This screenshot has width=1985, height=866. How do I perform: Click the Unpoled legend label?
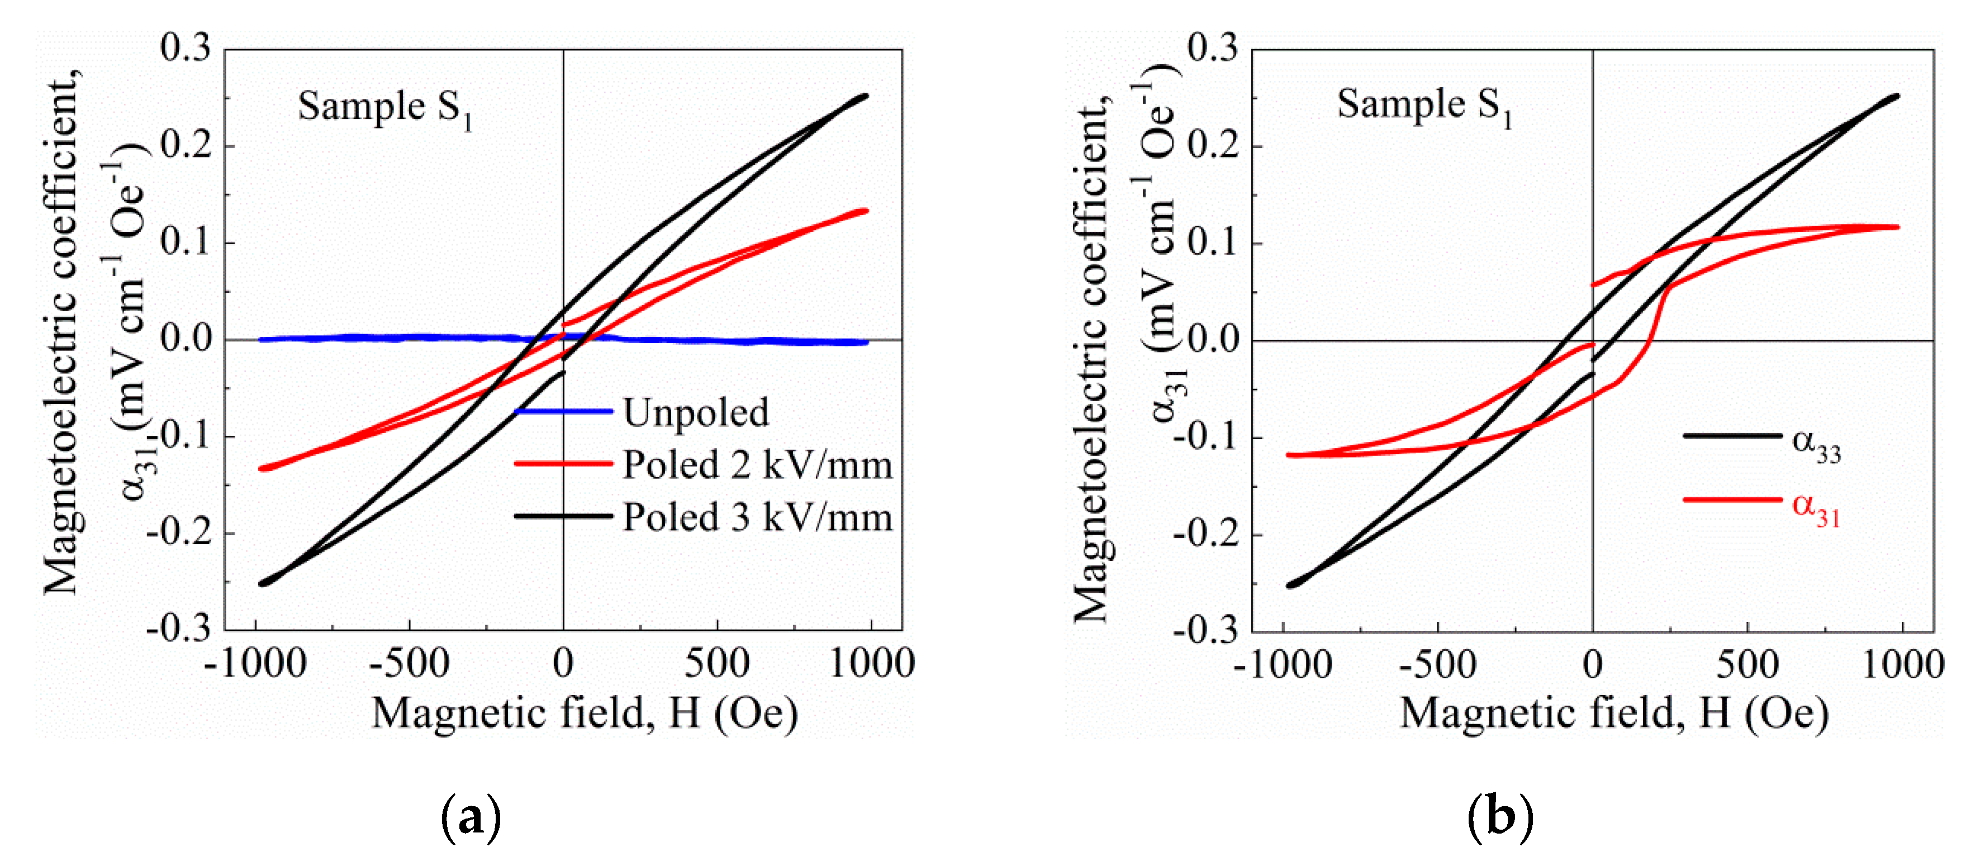pos(695,412)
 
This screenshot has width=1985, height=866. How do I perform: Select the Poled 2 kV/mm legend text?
pos(757,465)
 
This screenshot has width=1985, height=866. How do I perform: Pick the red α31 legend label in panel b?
pos(1816,508)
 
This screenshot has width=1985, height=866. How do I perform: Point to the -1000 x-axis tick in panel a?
pos(255,663)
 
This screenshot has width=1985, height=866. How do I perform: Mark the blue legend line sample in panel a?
pos(563,411)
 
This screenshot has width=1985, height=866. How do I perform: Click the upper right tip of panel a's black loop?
pos(866,96)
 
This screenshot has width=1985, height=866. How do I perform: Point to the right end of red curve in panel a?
pos(866,210)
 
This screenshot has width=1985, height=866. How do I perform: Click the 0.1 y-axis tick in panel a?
pos(185,242)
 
